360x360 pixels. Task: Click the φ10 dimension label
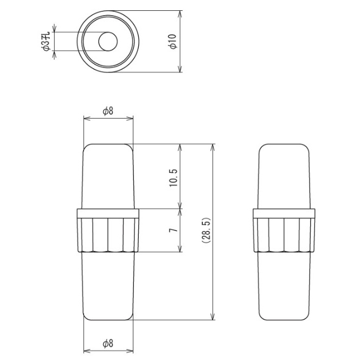172,41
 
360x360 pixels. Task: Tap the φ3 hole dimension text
46,41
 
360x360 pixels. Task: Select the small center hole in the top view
107,41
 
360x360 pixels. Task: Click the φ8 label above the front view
108,111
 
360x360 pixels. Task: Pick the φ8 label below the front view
108,343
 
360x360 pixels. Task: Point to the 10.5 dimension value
173,177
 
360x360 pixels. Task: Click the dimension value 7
173,230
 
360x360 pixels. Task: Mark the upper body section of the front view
108,176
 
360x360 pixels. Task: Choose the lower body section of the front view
108,285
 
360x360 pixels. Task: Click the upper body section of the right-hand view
284,176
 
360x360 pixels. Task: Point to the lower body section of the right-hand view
284,285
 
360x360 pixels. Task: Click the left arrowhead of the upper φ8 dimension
86,118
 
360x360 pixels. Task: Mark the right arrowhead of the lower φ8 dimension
130,350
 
